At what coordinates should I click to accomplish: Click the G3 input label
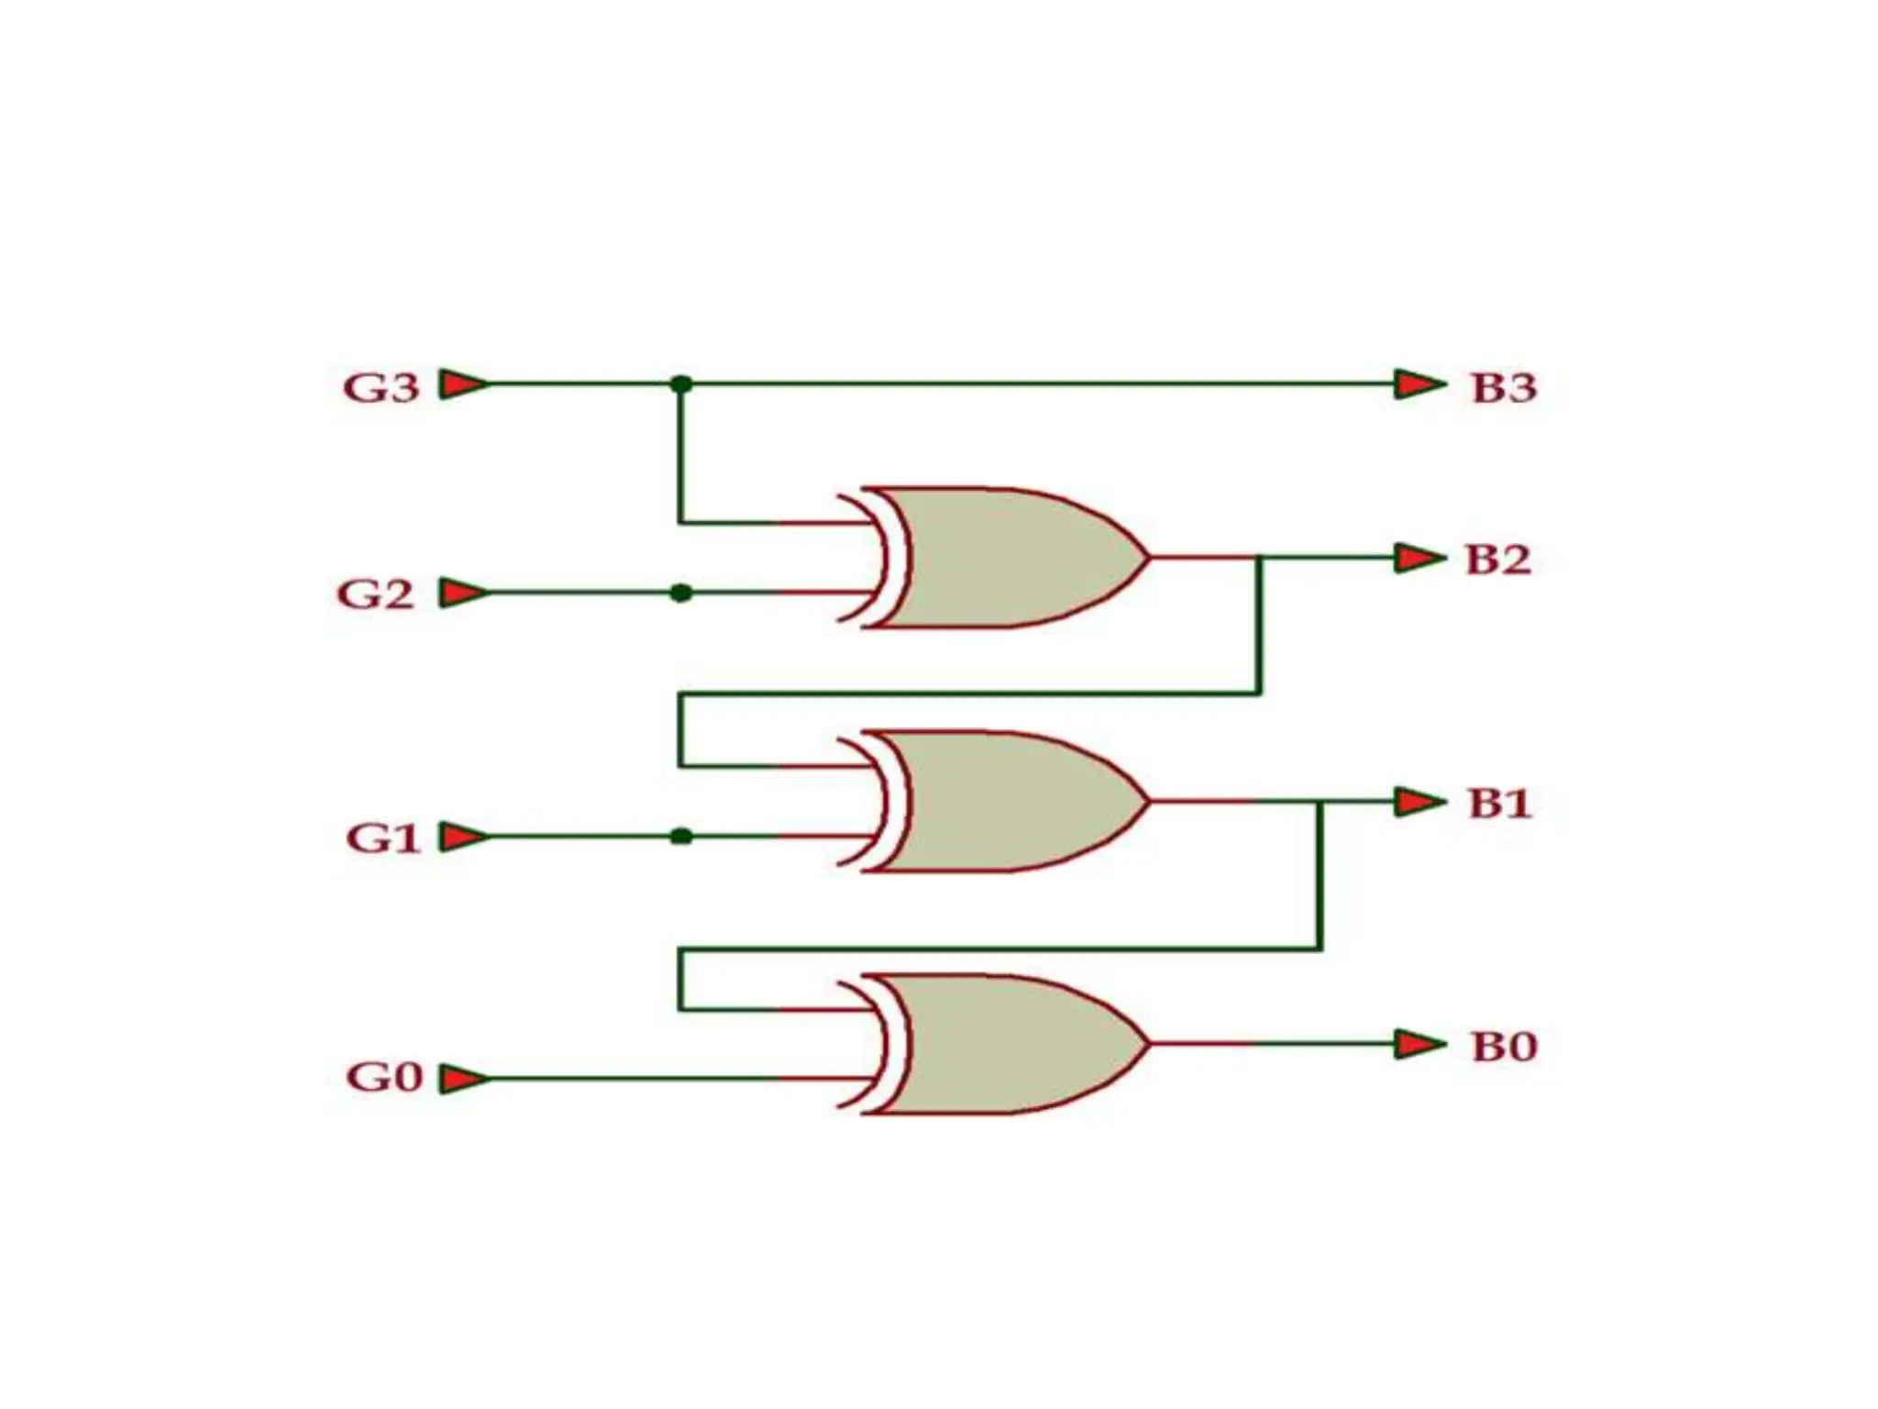(x=381, y=387)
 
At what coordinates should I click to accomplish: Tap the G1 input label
(x=382, y=838)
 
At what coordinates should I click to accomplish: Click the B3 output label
(x=1504, y=387)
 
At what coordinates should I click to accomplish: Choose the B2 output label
(x=1498, y=560)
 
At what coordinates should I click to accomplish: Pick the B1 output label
(x=1500, y=804)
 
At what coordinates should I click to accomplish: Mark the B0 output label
(x=1504, y=1047)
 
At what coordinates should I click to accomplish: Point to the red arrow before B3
(x=1419, y=383)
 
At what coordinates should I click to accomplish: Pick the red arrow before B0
(x=1419, y=1044)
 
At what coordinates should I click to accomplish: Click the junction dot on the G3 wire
(x=680, y=383)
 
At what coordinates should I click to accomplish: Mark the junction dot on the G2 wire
(x=680, y=593)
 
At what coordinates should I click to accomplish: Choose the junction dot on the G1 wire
(x=680, y=837)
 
